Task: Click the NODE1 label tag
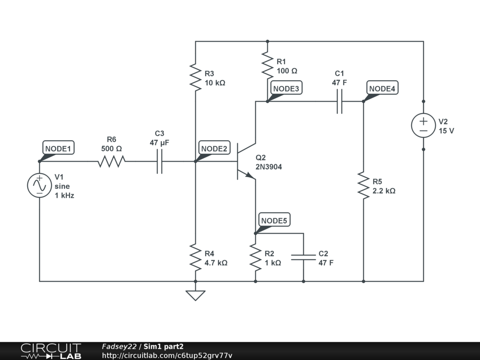[58, 149]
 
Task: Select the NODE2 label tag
[214, 149]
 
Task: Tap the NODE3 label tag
[286, 89]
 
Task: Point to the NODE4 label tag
[382, 89]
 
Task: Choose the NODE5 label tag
[274, 220]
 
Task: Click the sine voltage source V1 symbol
[39, 185]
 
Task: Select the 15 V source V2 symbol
[423, 125]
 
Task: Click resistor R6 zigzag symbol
[112, 162]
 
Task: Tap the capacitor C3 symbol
[159, 162]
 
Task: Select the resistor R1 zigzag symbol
[267, 65]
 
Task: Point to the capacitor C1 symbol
[339, 101]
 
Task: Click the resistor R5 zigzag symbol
[363, 185]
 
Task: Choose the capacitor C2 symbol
[303, 257]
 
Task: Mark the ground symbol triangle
[195, 295]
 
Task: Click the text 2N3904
[269, 167]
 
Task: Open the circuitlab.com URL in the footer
[167, 355]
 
